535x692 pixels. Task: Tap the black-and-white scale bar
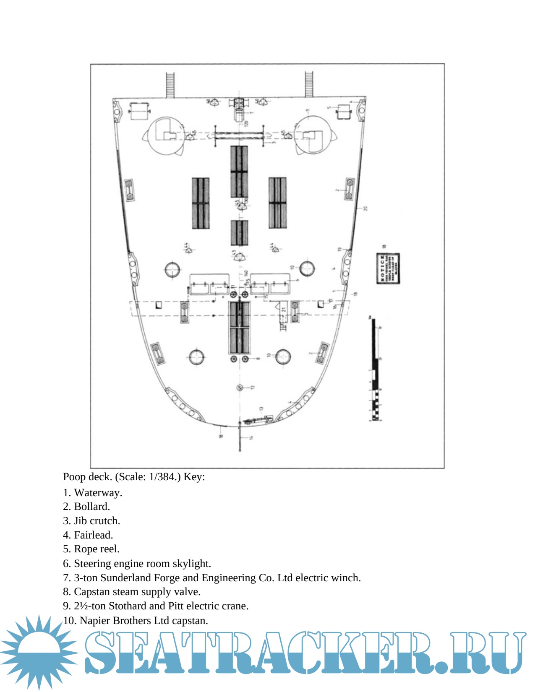[375, 369]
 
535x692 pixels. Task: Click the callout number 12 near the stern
[253, 388]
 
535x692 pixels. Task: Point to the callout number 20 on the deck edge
[365, 208]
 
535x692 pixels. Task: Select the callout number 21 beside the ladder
[284, 310]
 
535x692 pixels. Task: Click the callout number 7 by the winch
[251, 113]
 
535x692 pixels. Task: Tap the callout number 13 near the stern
[261, 408]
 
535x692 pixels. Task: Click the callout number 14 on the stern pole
[251, 438]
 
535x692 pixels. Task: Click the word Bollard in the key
[91, 507]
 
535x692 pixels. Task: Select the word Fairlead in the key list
[93, 535]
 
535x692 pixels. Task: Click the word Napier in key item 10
[93, 621]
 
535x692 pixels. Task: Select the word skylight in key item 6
[194, 564]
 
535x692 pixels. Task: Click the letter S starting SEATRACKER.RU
[103, 653]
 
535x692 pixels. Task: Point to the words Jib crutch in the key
[97, 521]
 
